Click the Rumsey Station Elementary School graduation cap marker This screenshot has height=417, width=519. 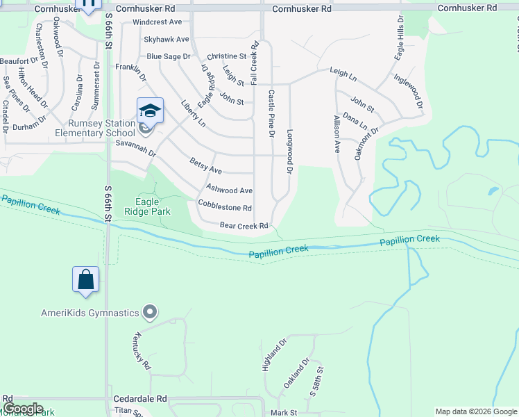pyautogui.click(x=150, y=111)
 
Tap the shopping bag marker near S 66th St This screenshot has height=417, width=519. pyautogui.click(x=85, y=279)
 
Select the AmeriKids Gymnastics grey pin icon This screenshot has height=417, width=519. pyautogui.click(x=148, y=312)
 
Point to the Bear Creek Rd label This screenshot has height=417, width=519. pyautogui.click(x=244, y=226)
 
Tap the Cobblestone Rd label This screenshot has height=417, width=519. pyautogui.click(x=224, y=207)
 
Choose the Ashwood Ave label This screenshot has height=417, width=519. pyautogui.click(x=229, y=190)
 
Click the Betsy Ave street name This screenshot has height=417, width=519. pyautogui.click(x=205, y=165)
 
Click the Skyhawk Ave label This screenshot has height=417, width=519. pyautogui.click(x=166, y=40)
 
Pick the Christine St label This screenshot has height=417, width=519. pyautogui.click(x=227, y=56)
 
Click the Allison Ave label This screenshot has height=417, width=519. pyautogui.click(x=337, y=133)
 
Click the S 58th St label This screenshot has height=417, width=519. pyautogui.click(x=316, y=383)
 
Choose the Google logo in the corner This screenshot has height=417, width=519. pyautogui.click(x=22, y=409)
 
